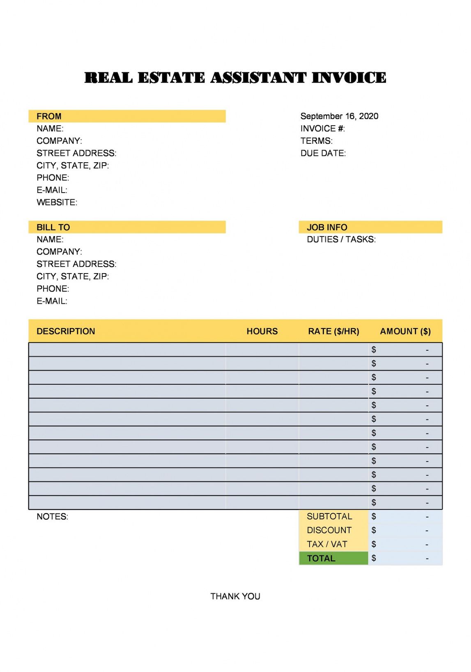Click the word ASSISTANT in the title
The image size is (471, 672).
[258, 78]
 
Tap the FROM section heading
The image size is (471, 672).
[49, 116]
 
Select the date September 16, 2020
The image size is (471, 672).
[339, 116]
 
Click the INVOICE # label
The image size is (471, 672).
[322, 129]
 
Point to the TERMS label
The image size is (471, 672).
[316, 141]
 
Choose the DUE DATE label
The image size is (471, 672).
[323, 153]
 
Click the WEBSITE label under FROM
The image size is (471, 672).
[57, 203]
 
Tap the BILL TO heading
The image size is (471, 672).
[53, 227]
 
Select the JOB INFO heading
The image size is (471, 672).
[327, 227]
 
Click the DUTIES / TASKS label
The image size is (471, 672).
[341, 239]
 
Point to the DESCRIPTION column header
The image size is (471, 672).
[66, 331]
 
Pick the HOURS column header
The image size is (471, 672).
[262, 331]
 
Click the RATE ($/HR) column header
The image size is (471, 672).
[333, 331]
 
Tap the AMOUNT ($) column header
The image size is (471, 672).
[405, 331]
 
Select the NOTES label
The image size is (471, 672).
[52, 517]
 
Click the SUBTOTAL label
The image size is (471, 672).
[329, 516]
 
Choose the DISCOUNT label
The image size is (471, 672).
[329, 530]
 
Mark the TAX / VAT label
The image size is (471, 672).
[327, 544]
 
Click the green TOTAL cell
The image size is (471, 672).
[333, 558]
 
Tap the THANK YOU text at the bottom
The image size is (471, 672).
[235, 596]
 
